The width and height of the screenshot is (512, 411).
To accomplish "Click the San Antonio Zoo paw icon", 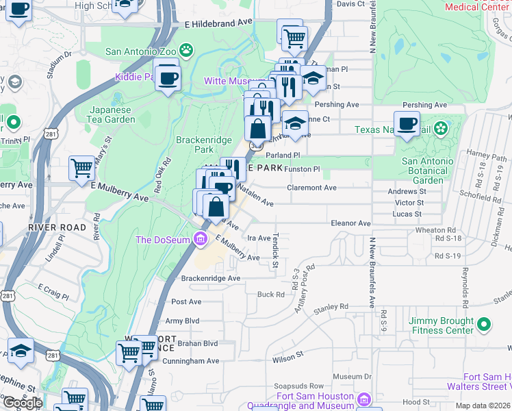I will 186,50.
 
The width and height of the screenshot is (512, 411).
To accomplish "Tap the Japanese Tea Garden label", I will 113,114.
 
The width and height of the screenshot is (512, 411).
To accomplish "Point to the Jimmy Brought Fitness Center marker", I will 484,324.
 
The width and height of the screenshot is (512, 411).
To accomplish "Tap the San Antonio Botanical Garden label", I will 427,171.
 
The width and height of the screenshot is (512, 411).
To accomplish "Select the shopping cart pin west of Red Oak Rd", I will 83,166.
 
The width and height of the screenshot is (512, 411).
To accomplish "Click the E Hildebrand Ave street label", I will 218,23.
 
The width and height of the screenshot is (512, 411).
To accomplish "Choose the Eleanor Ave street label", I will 350,223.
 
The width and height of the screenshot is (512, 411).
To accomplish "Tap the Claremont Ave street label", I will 311,188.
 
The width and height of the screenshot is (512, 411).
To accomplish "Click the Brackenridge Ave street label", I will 211,278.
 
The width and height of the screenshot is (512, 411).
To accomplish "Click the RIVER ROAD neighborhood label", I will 57,227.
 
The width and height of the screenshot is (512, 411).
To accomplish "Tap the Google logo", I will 23,403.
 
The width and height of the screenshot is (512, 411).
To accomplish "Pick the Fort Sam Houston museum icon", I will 364,399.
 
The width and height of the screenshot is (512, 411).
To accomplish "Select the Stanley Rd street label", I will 331,308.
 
